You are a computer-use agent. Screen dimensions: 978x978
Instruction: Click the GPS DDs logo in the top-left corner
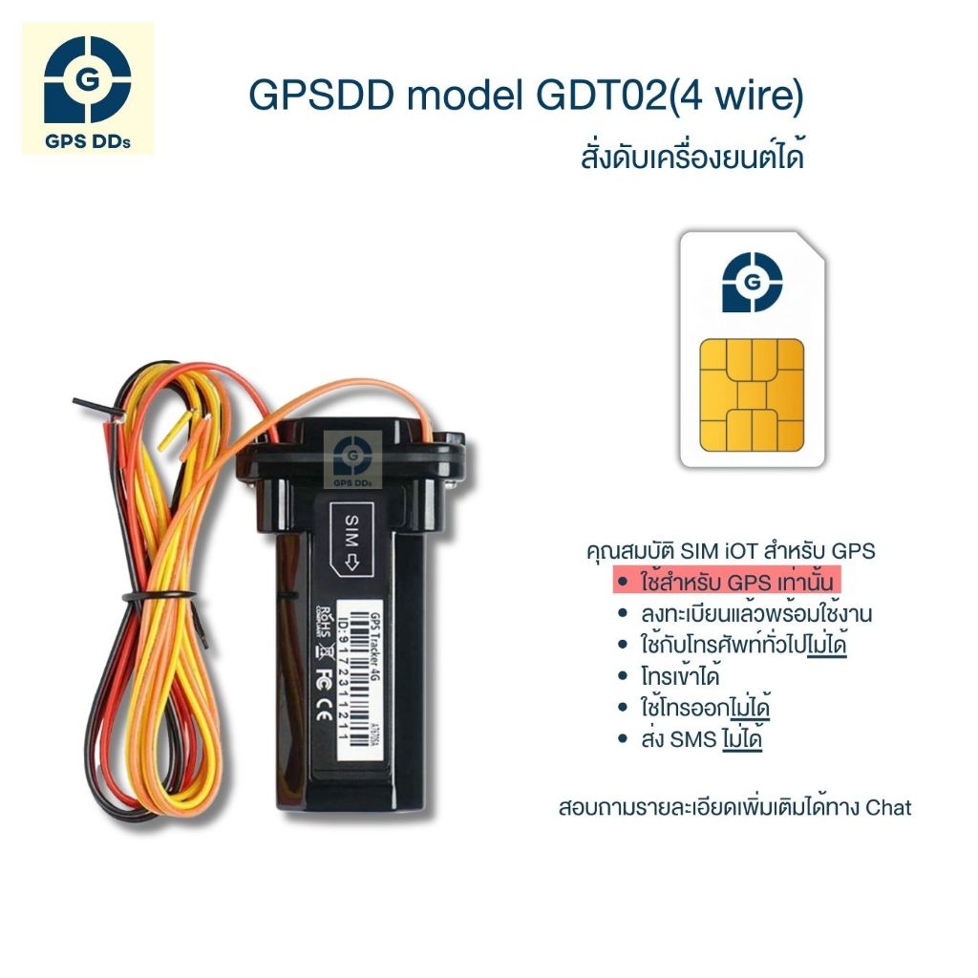[87, 88]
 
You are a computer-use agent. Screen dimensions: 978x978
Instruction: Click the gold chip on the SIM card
[752, 394]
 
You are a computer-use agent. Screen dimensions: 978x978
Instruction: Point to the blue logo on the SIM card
[752, 282]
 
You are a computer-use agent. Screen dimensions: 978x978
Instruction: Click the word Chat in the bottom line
[887, 808]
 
